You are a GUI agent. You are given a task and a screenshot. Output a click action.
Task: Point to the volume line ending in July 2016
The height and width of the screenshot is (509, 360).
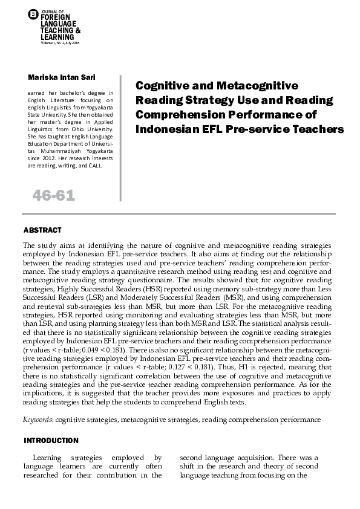(x=60, y=43)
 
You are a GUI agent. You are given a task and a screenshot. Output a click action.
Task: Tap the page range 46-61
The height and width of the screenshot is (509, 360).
(x=53, y=195)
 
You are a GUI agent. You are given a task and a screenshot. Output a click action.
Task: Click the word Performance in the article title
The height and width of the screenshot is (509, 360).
(x=267, y=114)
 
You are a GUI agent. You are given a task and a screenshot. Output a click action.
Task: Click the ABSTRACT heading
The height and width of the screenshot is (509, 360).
(x=42, y=230)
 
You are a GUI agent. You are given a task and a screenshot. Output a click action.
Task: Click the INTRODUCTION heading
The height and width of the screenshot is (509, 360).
(x=51, y=440)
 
